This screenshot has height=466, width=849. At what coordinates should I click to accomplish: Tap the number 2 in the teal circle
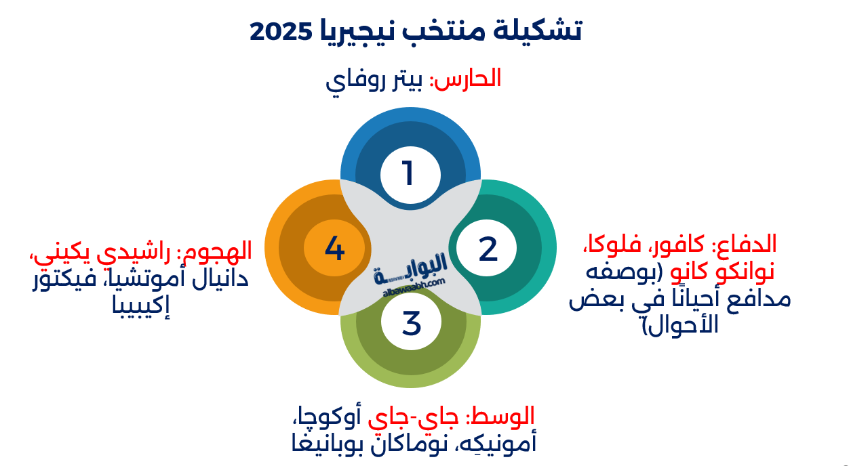point(488,249)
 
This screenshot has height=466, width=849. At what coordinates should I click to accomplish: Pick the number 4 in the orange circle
point(334,248)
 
